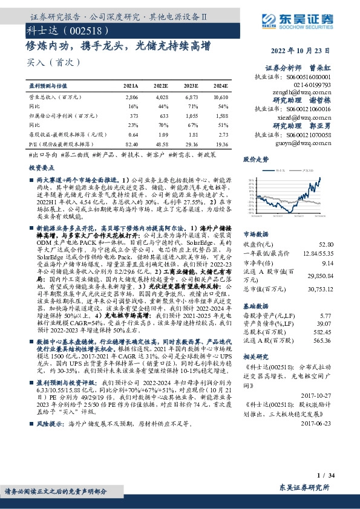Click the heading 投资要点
(x=39, y=170)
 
